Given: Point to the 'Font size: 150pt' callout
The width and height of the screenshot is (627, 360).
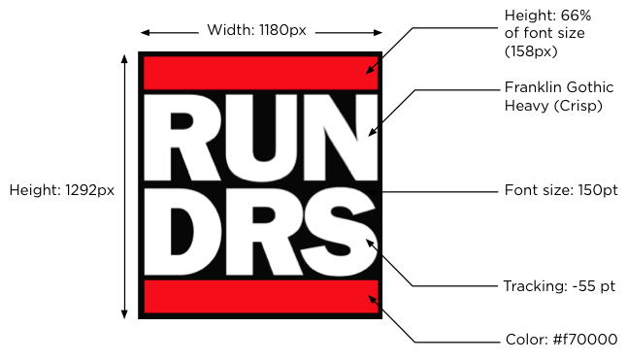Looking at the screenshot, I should point(561,190).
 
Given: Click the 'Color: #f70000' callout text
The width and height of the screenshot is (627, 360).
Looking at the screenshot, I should point(561,340).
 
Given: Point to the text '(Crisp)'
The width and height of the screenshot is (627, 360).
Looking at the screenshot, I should point(578,106).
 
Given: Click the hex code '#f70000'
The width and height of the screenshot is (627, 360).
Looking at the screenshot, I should point(584,340).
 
